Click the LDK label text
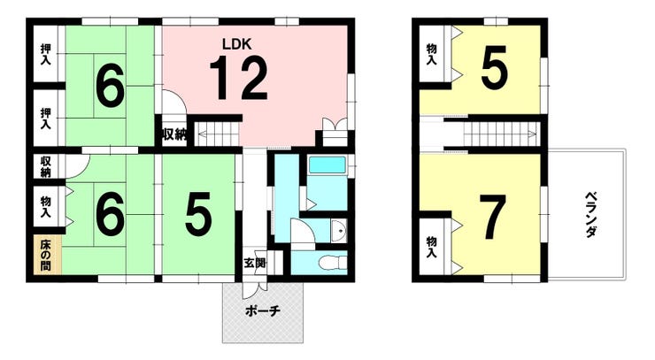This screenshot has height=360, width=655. pyautogui.click(x=237, y=44)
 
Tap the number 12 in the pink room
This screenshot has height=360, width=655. pyautogui.click(x=238, y=79)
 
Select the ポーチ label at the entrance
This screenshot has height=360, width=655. pyautogui.click(x=263, y=311)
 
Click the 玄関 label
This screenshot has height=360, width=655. pyautogui.click(x=255, y=264)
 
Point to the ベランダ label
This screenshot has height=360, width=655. pyautogui.click(x=590, y=215)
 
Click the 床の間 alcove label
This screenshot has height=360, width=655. pyautogui.click(x=45, y=255)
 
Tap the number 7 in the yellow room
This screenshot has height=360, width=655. pyautogui.click(x=492, y=218)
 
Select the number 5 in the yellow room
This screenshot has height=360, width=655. pyautogui.click(x=495, y=67)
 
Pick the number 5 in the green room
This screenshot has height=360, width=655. pyautogui.click(x=198, y=214)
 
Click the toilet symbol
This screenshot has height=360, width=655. pyautogui.click(x=333, y=263)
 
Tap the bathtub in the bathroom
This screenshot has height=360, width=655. pyautogui.click(x=327, y=165)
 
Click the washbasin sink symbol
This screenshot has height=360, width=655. pyautogui.click(x=339, y=231)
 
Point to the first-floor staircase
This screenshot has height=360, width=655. pyautogui.click(x=217, y=134)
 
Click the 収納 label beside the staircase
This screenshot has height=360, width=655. pyautogui.click(x=174, y=134)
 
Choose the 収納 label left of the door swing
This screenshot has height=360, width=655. pyautogui.click(x=45, y=166)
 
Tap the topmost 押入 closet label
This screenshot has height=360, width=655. pyautogui.click(x=45, y=54)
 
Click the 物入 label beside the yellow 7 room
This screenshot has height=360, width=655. pyautogui.click(x=432, y=248)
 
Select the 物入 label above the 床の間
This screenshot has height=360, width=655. pyautogui.click(x=45, y=207)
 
